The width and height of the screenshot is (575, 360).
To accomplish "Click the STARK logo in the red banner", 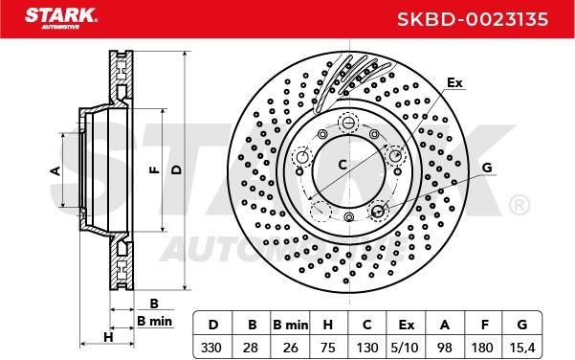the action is coord(61,18).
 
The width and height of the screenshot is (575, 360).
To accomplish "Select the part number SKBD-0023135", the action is coord(473,19).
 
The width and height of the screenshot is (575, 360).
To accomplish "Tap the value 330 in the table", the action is coord(211,348).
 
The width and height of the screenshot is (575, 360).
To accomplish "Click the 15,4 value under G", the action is coord(521,348).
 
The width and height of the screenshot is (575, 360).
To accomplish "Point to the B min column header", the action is coord(291,325).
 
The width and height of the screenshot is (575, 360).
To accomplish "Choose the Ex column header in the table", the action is coord(406,325).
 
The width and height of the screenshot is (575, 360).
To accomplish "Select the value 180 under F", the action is coord(482,348).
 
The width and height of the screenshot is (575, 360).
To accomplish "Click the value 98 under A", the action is coord(445,348).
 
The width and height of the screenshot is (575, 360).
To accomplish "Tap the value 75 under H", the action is coord(328,348).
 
